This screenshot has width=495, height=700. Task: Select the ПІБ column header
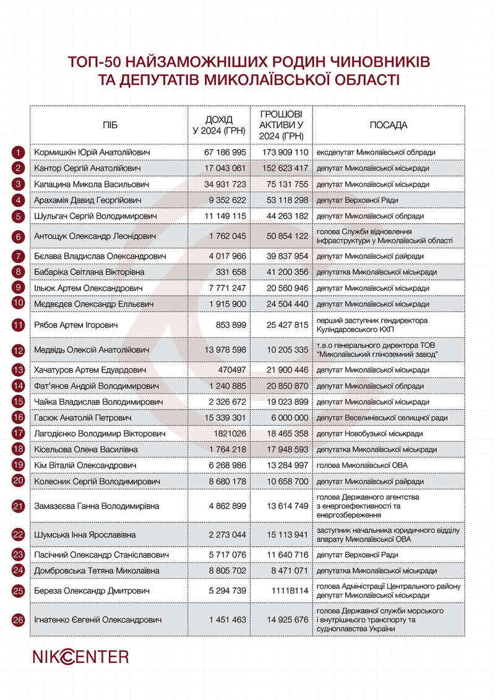pos(110,126)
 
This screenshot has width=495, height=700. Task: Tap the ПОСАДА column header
pos(388,126)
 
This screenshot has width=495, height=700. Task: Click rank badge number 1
pos(19,152)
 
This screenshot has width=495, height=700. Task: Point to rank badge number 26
pos(19,620)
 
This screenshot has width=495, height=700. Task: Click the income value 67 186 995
pos(225,152)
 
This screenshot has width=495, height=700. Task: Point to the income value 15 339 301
pos(225,418)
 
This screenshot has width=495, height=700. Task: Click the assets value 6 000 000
pos(291,418)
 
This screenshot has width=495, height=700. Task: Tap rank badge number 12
pos(19,350)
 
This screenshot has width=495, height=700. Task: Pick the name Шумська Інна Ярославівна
pos(85,534)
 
